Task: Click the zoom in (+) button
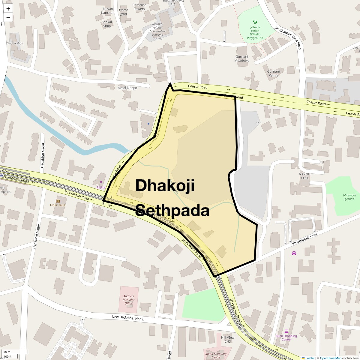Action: [x=8, y=9]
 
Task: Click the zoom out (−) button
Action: [x=8, y=18]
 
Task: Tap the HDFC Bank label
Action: [x=58, y=205]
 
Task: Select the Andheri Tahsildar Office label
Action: [x=129, y=299]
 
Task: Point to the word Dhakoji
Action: [x=165, y=185]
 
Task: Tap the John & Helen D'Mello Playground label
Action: [x=255, y=32]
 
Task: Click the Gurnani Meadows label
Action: [x=242, y=58]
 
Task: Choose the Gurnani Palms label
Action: [x=273, y=73]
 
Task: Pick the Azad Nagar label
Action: [x=127, y=88]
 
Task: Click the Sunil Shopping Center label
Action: [x=286, y=337]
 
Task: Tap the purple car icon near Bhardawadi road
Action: [x=294, y=253]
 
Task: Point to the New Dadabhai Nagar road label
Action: [x=128, y=318]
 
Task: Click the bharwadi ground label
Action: [x=349, y=197]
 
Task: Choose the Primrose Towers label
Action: [x=139, y=7]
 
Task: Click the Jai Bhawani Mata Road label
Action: [x=288, y=38]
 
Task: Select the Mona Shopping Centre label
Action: [x=216, y=355]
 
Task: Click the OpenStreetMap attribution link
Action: [x=330, y=358]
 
